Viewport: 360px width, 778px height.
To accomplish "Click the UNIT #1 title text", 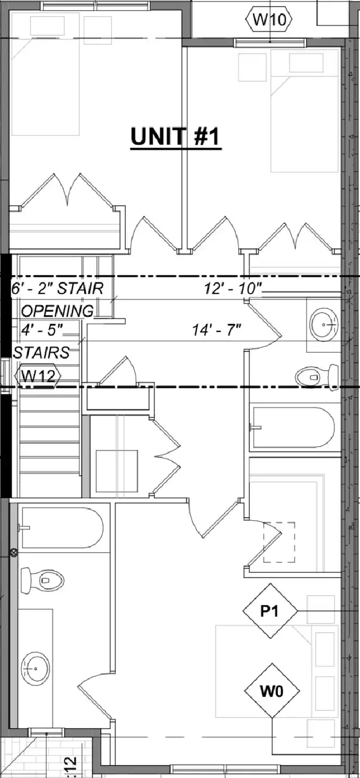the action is click(175, 137).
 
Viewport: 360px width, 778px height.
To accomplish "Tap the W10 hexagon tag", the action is click(268, 20).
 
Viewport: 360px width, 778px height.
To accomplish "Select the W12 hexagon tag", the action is click(38, 376).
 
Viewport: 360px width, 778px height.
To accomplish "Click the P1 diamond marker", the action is click(269, 611).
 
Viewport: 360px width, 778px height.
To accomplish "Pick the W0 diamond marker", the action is click(272, 691).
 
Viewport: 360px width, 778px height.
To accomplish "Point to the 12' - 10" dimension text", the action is click(232, 288).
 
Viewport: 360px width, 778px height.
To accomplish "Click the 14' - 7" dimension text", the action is click(217, 329).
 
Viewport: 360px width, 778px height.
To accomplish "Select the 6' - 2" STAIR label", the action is click(57, 288).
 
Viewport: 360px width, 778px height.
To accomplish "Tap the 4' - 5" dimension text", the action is click(41, 329).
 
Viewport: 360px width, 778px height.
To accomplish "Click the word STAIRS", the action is click(41, 353).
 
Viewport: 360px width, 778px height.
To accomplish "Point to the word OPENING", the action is click(57, 311).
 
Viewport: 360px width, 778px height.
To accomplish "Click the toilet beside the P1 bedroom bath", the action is click(42, 580).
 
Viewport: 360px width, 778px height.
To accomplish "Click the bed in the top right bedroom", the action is click(304, 111).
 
